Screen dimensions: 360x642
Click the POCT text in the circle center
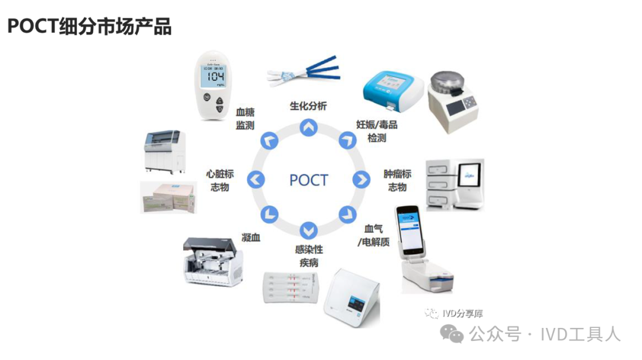[x=309, y=179]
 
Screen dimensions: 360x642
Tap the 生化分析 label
[x=308, y=106]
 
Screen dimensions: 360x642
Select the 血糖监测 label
[x=245, y=118]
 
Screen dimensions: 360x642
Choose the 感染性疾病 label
[x=309, y=256]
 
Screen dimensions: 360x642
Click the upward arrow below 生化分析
[x=308, y=127]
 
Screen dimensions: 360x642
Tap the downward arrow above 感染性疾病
[x=308, y=230]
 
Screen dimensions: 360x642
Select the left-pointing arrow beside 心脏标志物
[x=256, y=179]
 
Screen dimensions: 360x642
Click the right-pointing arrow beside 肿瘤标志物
[x=361, y=179]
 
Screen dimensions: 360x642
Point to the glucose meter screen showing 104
[x=213, y=77]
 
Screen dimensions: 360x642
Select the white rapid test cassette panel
[x=291, y=286]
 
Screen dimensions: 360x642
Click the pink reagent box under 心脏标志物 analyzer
[x=168, y=197]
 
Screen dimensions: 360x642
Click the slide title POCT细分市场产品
[x=89, y=27]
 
